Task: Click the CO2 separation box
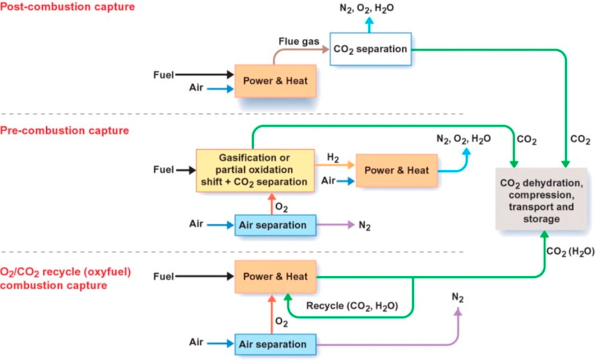point(370,49)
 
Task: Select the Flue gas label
point(299,41)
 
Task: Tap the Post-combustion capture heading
point(67,7)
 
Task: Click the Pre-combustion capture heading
point(64,130)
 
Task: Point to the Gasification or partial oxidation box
point(255,170)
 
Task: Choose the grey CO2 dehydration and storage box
point(541,199)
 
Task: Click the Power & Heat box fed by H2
point(397,170)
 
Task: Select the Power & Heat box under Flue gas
point(275,81)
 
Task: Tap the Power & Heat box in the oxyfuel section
point(275,277)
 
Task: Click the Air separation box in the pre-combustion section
point(275,225)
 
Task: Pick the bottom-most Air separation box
point(275,344)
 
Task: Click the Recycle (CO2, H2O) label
point(352,306)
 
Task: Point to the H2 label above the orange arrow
point(333,158)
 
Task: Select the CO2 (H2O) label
point(570,252)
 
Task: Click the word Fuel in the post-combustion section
point(163,75)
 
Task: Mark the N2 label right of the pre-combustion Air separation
point(364,225)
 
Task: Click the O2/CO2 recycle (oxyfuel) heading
point(66,272)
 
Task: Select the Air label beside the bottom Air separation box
point(196,342)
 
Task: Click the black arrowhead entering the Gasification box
point(193,170)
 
